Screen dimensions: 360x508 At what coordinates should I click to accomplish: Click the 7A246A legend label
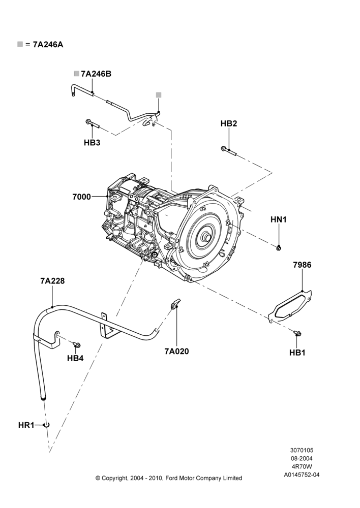click(48, 45)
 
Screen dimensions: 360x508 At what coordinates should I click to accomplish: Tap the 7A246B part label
click(96, 74)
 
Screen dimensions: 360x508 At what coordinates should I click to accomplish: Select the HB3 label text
click(92, 143)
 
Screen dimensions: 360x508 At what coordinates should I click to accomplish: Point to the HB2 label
click(229, 123)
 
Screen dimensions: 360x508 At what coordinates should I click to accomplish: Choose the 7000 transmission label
click(82, 197)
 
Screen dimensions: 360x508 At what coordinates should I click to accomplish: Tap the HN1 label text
click(279, 219)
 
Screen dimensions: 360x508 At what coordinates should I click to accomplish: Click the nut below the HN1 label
click(279, 248)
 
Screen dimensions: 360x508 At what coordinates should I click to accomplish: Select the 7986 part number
click(302, 265)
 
